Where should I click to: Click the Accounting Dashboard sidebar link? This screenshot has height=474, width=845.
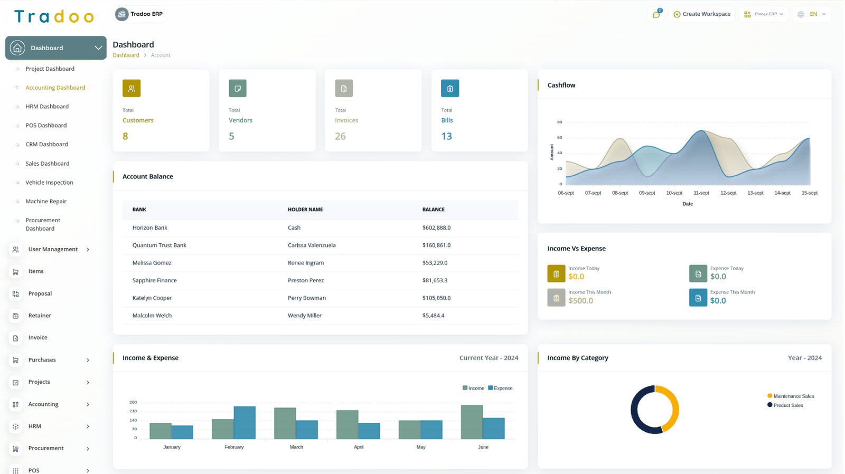tap(55, 88)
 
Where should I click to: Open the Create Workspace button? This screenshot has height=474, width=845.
tap(702, 14)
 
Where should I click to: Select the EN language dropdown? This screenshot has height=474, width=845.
tap(812, 14)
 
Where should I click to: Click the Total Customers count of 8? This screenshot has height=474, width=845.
tap(125, 136)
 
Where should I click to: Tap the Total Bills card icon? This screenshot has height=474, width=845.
tap(449, 89)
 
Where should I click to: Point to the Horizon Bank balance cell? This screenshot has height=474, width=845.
tap(436, 228)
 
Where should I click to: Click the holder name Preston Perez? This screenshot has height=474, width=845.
tap(306, 280)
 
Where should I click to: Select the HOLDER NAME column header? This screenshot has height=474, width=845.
tap(305, 210)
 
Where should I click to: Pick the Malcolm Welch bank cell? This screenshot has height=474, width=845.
tap(152, 316)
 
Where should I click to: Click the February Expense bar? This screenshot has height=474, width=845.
tap(245, 423)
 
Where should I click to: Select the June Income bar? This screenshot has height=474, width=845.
tap(472, 422)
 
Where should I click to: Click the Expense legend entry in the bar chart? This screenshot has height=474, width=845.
tap(500, 388)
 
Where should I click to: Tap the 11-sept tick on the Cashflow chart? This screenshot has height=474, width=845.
tap(701, 193)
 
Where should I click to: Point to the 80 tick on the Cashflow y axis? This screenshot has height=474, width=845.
tap(559, 122)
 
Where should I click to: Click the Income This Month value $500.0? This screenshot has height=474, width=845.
tap(580, 301)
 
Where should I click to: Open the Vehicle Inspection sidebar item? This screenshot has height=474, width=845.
tap(49, 183)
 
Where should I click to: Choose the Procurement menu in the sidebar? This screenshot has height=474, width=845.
tap(46, 448)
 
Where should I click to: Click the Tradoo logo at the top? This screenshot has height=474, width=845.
tap(54, 16)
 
